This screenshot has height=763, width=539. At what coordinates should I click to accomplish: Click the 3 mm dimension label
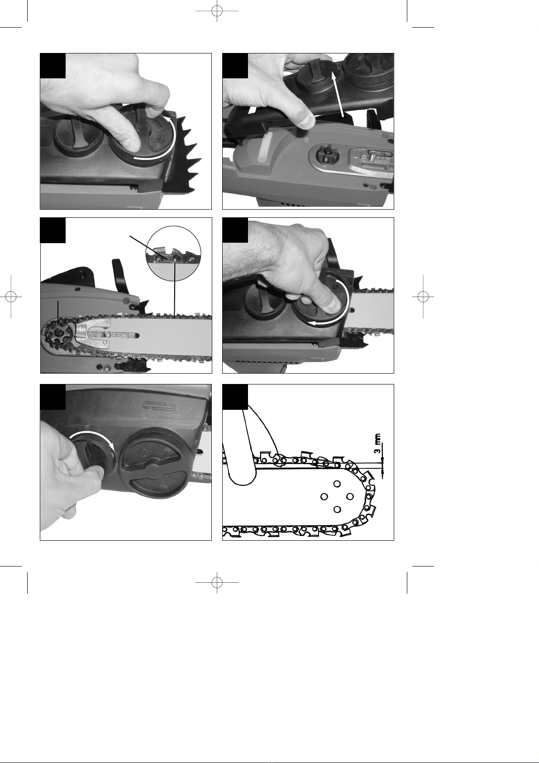377,443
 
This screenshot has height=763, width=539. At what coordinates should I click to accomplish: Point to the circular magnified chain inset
173,253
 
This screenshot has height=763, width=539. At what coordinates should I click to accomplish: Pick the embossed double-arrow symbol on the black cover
159,405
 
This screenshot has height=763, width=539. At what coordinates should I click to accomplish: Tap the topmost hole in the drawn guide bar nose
337,484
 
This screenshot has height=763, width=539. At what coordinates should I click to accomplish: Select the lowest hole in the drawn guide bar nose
337,509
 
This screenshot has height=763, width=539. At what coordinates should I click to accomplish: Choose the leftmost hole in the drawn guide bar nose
324,497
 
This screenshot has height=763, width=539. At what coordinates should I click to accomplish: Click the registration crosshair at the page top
217,11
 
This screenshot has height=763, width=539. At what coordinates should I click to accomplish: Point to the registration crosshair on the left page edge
11,297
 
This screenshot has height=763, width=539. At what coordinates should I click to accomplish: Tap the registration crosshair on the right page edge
423,297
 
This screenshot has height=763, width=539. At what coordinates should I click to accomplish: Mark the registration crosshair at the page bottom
217,582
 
